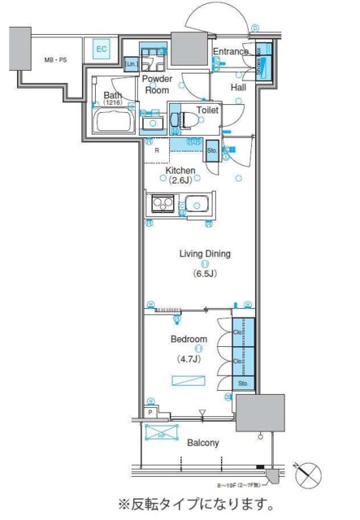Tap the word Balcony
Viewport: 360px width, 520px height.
(203, 443)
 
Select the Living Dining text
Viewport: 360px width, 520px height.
(205, 253)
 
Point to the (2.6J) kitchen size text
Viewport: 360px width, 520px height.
(181, 181)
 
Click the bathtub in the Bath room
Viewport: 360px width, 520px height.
(114, 124)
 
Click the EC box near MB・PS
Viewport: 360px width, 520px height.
(102, 50)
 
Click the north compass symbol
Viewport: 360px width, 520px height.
(311, 474)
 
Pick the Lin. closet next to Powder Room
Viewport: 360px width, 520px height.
(130, 64)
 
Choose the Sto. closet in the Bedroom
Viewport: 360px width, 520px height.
(243, 383)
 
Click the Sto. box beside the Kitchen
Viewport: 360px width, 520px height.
(211, 150)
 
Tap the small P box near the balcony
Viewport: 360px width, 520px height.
(151, 413)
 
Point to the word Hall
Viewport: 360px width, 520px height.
(238, 87)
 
